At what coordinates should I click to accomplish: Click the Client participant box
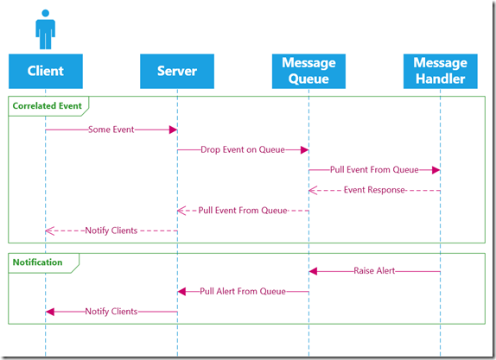(x=46, y=71)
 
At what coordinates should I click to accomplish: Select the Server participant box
(x=177, y=71)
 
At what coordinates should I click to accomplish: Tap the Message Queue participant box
(x=308, y=71)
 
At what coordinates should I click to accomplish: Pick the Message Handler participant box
(x=441, y=71)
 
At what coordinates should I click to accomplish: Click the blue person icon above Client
(x=45, y=29)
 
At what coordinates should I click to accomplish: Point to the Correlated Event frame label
(x=48, y=105)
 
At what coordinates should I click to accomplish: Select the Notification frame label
(x=37, y=262)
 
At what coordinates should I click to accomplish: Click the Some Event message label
(x=111, y=129)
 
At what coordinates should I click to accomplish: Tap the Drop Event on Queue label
(x=243, y=150)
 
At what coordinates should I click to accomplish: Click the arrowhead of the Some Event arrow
(x=173, y=129)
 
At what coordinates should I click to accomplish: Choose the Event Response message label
(x=374, y=190)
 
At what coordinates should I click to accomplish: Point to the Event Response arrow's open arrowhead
(x=313, y=190)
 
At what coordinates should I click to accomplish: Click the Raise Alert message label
(x=374, y=271)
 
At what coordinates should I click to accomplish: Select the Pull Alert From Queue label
(x=243, y=291)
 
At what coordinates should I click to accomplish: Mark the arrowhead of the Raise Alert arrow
(x=313, y=271)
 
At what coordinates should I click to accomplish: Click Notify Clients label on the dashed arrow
(x=111, y=231)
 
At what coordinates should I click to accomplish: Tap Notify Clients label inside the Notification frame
(x=111, y=312)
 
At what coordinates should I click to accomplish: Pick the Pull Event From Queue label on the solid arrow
(x=374, y=170)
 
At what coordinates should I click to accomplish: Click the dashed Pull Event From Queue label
(x=243, y=211)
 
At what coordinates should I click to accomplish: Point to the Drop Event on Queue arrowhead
(x=305, y=150)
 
